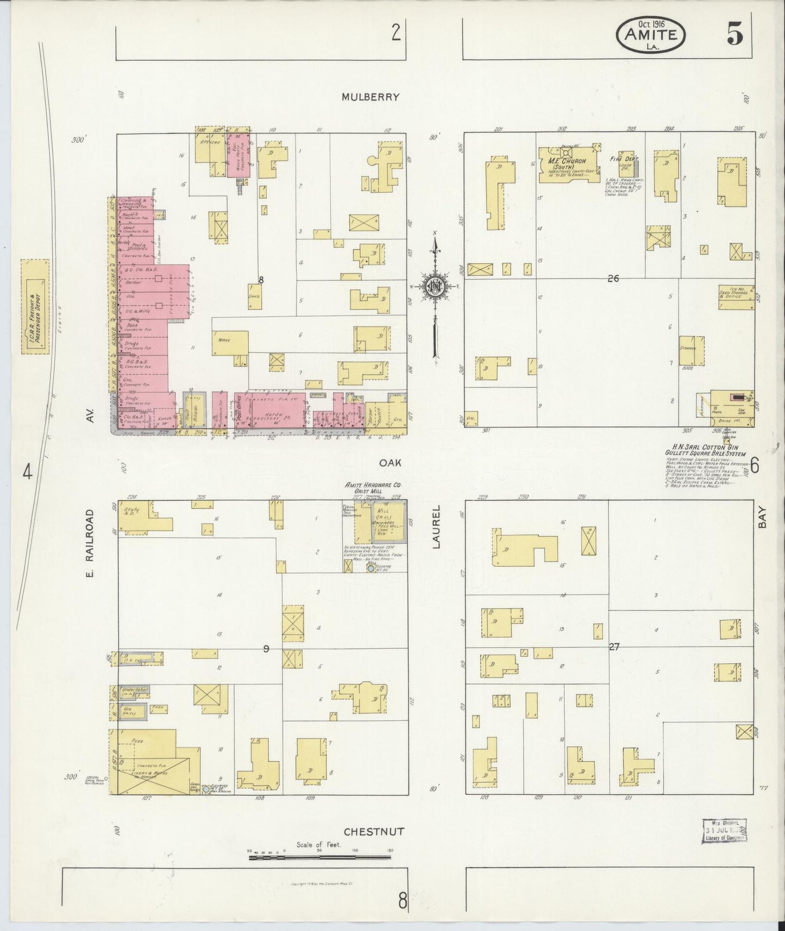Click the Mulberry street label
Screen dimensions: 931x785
(x=370, y=97)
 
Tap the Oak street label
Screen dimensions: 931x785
(x=390, y=462)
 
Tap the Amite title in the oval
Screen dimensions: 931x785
(x=650, y=35)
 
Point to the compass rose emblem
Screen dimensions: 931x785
(x=435, y=286)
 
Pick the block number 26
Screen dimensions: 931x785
(x=613, y=279)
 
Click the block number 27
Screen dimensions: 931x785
(x=614, y=647)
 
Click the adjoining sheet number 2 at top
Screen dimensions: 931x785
(x=396, y=34)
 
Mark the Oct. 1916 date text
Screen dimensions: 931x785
(x=650, y=24)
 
